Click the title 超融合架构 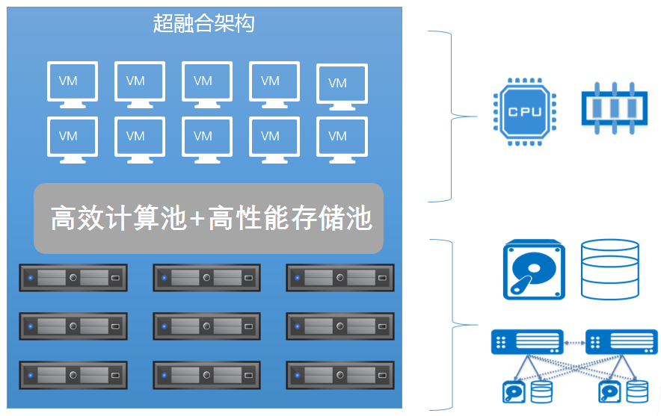click(x=203, y=23)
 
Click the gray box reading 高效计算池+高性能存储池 click(x=209, y=219)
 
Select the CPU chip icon click(x=526, y=111)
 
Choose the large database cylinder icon click(x=609, y=269)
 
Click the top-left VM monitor click(x=73, y=82)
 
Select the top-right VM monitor click(x=342, y=84)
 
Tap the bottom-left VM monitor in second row click(x=73, y=138)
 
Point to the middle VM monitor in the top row click(x=207, y=82)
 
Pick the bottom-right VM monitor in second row click(x=342, y=138)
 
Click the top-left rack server click(x=73, y=278)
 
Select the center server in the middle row click(x=207, y=326)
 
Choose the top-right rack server click(x=340, y=278)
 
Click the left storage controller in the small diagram click(x=527, y=342)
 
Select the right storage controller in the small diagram click(x=621, y=342)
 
